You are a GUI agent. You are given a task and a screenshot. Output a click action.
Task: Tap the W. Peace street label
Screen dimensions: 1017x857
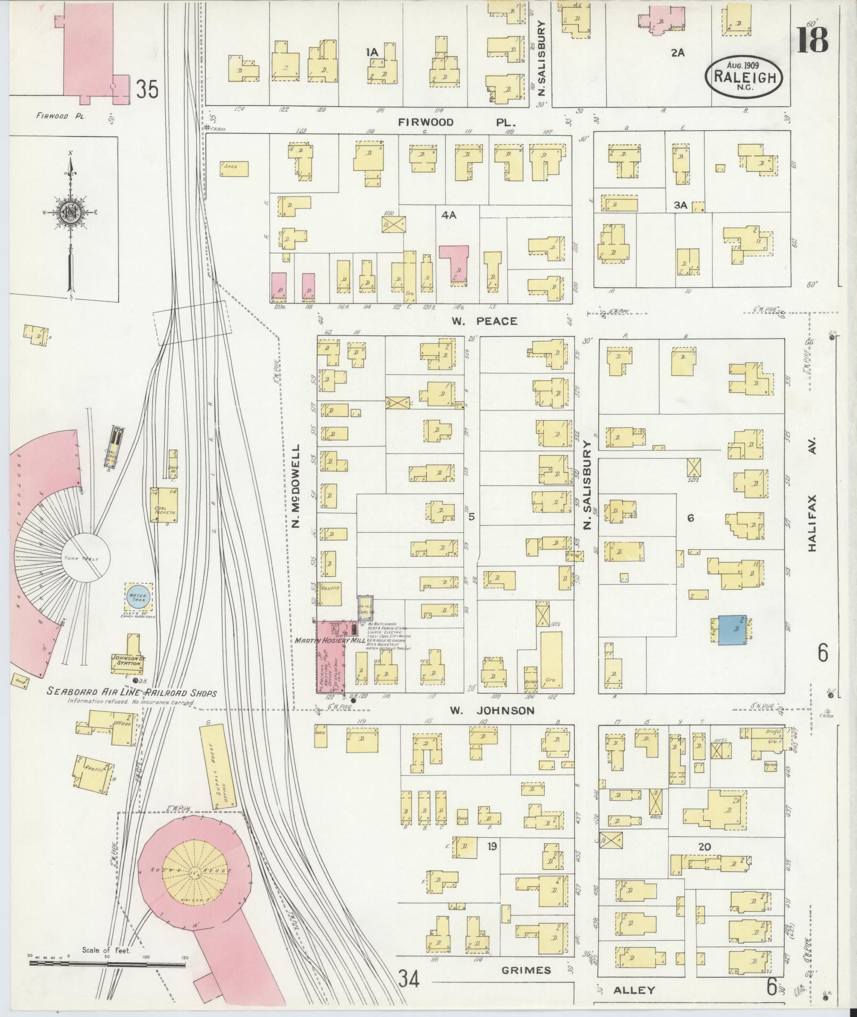[x=484, y=321]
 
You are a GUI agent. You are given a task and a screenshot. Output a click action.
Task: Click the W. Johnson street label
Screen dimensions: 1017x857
[x=491, y=710]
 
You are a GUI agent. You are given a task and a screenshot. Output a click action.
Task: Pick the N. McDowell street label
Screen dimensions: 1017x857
[x=296, y=486]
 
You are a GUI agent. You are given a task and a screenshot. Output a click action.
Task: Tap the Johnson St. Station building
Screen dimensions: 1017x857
[x=126, y=657]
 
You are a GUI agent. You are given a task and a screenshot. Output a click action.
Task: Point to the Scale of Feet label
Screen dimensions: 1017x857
[x=106, y=950]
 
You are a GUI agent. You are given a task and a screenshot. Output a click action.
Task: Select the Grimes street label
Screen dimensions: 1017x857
[x=526, y=970]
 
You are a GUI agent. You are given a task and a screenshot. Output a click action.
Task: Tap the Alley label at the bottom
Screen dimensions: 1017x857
[x=634, y=990]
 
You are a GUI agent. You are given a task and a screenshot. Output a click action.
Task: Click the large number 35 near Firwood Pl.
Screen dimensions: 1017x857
[x=147, y=89]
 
